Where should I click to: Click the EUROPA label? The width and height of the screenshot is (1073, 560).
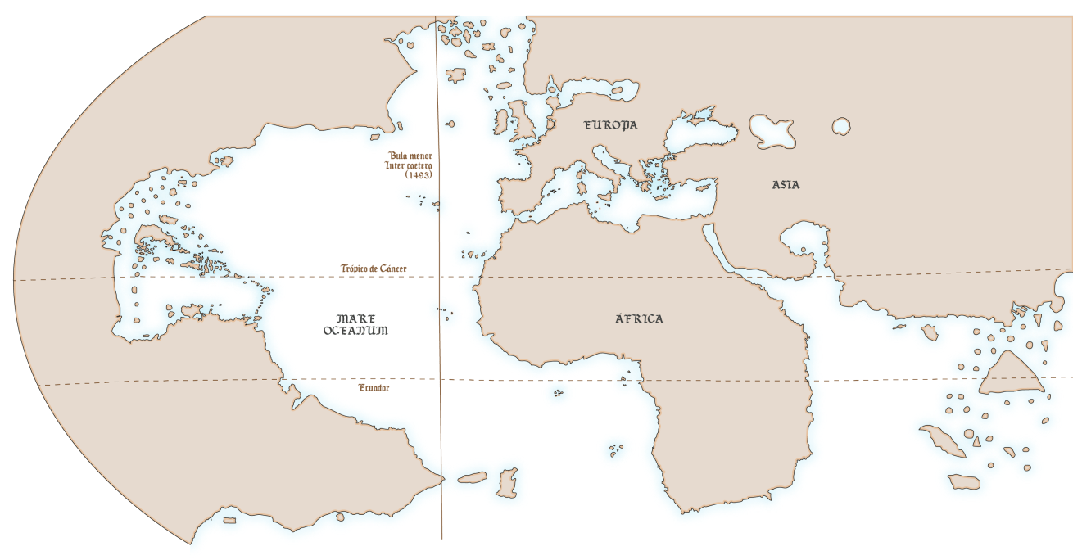610,125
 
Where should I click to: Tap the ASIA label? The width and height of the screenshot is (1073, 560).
786,185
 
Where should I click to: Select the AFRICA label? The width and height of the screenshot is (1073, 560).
639,318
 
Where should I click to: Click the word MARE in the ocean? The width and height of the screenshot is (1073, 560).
355,318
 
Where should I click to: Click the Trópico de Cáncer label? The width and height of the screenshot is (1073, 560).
374,269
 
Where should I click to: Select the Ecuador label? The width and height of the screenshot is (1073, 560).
374,388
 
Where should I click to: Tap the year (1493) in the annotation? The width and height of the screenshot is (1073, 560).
419,175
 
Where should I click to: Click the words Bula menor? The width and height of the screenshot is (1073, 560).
410,155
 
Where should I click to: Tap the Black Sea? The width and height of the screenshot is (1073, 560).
696,131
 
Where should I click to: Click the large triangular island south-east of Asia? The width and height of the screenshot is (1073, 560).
1009,375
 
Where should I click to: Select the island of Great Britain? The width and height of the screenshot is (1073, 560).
522,119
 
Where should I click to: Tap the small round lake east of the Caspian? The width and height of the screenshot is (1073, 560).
841,126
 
